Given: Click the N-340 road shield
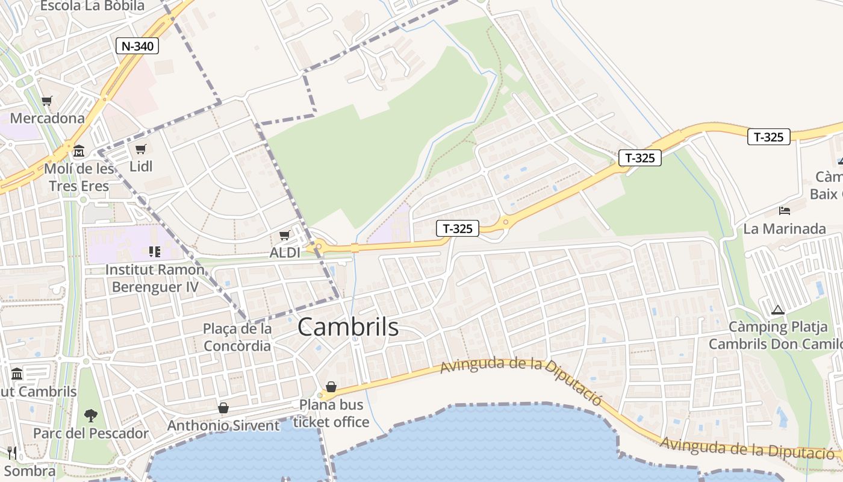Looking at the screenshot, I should pyautogui.click(x=137, y=46).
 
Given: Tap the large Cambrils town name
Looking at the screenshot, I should pyautogui.click(x=348, y=327).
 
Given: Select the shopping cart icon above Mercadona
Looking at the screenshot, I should pyautogui.click(x=47, y=101).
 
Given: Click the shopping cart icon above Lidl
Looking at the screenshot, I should pyautogui.click(x=141, y=149).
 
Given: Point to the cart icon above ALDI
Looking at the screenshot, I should pyautogui.click(x=284, y=235).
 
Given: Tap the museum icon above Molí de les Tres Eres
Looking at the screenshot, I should pyautogui.click(x=79, y=150).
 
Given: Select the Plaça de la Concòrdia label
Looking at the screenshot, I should pyautogui.click(x=237, y=337).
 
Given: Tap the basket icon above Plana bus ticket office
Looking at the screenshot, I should pyautogui.click(x=331, y=386).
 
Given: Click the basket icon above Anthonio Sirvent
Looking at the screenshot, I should pyautogui.click(x=223, y=408).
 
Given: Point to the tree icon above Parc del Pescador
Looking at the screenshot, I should pyautogui.click(x=90, y=415).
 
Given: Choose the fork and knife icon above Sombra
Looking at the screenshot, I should pyautogui.click(x=12, y=452).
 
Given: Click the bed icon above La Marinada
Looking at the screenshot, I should pyautogui.click(x=785, y=210).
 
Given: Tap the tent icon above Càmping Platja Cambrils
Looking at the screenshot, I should pyautogui.click(x=777, y=310).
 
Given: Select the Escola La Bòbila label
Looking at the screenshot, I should pyautogui.click(x=92, y=6).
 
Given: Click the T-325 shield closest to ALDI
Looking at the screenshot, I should pyautogui.click(x=458, y=228).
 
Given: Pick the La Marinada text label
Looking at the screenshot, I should pyautogui.click(x=785, y=229).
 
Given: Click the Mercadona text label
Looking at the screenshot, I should pyautogui.click(x=48, y=118).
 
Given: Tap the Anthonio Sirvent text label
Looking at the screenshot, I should pyautogui.click(x=223, y=425).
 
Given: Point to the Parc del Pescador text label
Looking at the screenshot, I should pyautogui.click(x=90, y=433).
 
